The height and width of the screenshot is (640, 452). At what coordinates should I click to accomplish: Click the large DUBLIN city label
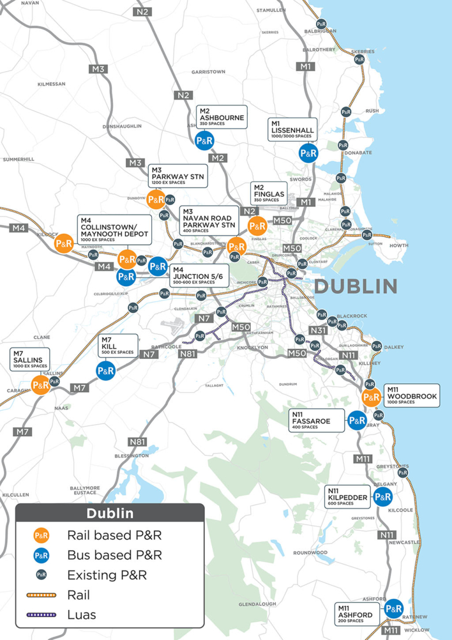tap(356, 286)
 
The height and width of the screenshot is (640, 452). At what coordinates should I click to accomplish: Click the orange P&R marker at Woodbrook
tap(371, 397)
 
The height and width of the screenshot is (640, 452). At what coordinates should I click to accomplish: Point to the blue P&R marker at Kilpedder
tap(383, 497)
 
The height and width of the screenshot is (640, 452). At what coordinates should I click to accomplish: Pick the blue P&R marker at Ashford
tap(393, 608)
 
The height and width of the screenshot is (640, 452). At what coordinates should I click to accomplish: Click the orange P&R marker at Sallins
tap(41, 385)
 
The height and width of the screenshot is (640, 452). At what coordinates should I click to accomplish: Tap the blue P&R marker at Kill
tap(105, 371)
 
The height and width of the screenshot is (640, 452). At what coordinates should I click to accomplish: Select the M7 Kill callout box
tap(118, 345)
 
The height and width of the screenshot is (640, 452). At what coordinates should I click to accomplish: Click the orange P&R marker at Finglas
tap(257, 226)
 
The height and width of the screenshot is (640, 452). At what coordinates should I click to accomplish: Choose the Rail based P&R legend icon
tap(41, 536)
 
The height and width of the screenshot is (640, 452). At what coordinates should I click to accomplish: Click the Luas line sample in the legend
tap(41, 615)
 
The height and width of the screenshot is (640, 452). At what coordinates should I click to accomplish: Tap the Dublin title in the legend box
tap(110, 513)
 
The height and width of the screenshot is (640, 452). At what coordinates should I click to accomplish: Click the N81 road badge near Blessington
tap(137, 442)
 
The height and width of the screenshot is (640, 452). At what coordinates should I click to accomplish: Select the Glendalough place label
tap(257, 604)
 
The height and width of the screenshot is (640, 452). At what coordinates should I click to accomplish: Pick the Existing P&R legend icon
tap(41, 575)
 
